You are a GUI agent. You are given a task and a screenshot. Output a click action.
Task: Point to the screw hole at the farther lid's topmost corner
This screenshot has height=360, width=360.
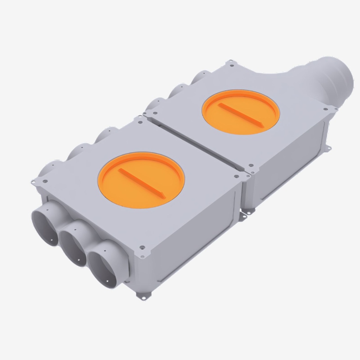231,63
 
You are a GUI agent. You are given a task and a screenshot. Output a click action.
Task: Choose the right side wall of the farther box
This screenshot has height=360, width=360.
288,165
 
